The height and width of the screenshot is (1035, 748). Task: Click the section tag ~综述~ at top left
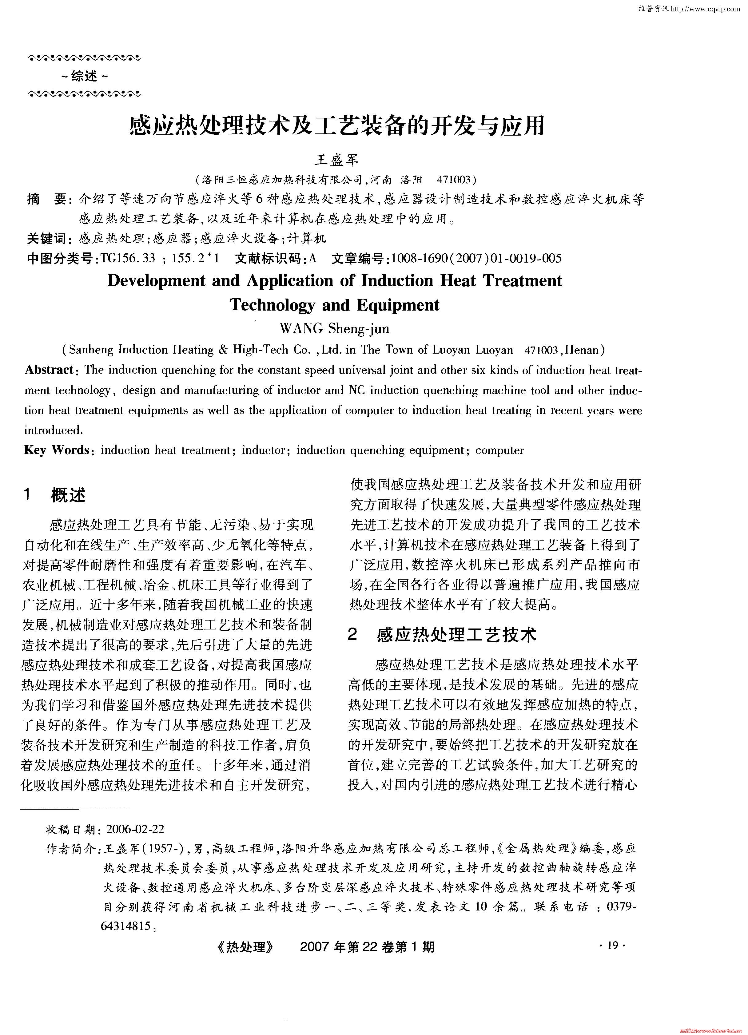[x=85, y=76]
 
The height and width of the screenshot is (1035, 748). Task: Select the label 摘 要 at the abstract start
[x=47, y=200]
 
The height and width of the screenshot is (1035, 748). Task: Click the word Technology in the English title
[x=272, y=305]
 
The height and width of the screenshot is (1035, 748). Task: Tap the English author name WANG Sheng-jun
[x=335, y=329]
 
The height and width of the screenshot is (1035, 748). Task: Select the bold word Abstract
[x=49, y=370]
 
